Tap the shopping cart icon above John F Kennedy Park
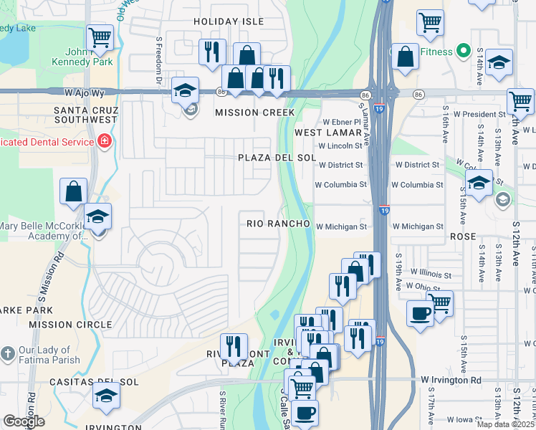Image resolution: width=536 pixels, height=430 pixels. (x=100, y=37)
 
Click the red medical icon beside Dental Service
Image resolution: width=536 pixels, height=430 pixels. (x=105, y=141)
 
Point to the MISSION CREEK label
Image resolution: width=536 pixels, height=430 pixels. (x=255, y=113)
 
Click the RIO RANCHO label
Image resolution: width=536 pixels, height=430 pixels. (x=278, y=224)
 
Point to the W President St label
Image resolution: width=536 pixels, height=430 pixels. (x=474, y=114)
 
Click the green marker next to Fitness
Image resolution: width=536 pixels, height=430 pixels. (x=464, y=51)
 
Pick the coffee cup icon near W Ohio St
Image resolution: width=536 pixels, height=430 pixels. (x=420, y=312)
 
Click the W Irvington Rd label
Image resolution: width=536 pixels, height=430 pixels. (x=451, y=380)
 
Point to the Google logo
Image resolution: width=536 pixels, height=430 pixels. (x=24, y=421)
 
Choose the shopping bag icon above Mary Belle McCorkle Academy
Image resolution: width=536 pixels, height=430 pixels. (x=75, y=191)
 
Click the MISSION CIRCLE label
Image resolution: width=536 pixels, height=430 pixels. (x=61, y=325)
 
